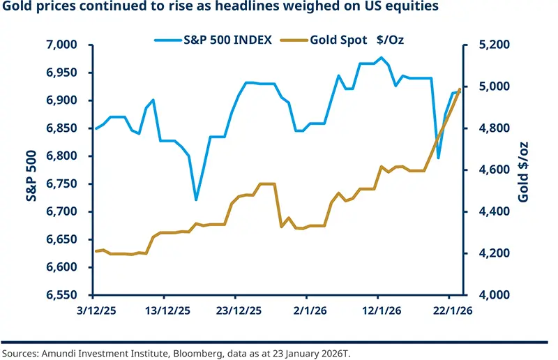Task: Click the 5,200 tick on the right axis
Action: [x=492, y=45]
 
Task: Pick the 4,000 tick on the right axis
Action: [x=492, y=295]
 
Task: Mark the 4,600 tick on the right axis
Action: [x=492, y=170]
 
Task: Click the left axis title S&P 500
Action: [x=20, y=170]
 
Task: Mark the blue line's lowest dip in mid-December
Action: [x=196, y=200]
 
